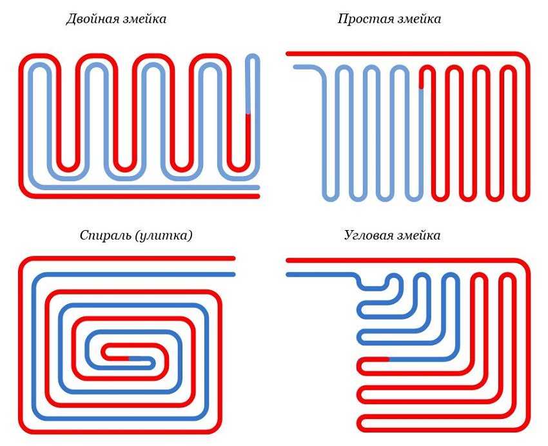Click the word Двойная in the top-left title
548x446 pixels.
(89, 19)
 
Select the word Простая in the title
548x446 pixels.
(361, 19)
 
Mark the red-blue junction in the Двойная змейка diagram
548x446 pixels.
(248, 114)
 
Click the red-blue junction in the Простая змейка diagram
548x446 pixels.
(422, 88)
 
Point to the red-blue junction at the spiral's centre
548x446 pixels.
(130, 357)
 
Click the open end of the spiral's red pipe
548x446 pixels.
(233, 258)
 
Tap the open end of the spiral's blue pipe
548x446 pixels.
(233, 275)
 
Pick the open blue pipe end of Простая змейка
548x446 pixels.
(296, 67)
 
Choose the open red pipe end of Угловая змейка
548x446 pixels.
(288, 260)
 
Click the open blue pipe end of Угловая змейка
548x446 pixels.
(288, 275)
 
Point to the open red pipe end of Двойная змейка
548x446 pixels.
(257, 196)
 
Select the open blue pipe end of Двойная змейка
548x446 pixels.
(257, 188)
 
